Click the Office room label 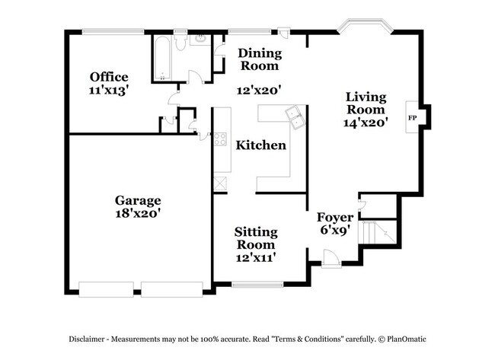click(108, 77)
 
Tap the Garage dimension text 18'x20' click(138, 214)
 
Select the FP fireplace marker click(413, 118)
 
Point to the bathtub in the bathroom click(162, 56)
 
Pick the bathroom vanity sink click(202, 39)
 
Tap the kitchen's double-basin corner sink click(294, 116)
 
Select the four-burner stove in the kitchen click(220, 139)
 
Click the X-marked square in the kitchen click(220, 183)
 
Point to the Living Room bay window click(365, 28)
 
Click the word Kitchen click(260, 145)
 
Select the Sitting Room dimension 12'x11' click(255, 257)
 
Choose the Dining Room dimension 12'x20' click(260, 90)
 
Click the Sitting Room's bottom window click(257, 285)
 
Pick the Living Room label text click(366, 103)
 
